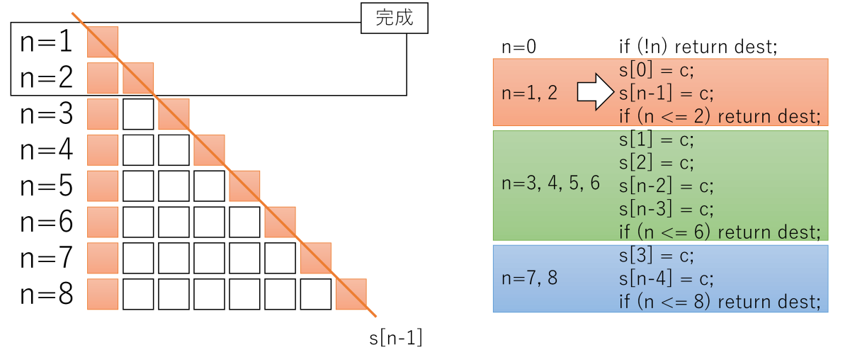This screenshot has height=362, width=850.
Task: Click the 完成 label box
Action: click(x=395, y=18)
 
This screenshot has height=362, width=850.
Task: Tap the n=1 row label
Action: click(x=46, y=41)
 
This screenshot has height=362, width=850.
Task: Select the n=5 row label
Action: click(x=46, y=186)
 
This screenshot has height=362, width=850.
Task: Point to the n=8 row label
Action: click(x=46, y=294)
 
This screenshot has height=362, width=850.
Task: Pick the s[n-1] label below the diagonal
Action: click(x=396, y=337)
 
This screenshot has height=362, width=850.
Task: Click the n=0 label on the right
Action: click(x=518, y=47)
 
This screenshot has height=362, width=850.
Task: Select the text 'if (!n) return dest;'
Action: click(x=698, y=47)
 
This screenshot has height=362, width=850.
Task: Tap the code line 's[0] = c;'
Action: click(x=657, y=70)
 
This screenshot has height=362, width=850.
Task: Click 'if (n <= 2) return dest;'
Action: click(x=720, y=116)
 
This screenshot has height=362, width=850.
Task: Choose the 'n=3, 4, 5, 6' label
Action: click(x=550, y=183)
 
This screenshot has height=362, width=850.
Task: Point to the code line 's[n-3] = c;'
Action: click(x=667, y=209)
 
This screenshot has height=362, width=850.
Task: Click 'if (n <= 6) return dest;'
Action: click(x=720, y=232)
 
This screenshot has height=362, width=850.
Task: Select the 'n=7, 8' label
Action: click(x=529, y=278)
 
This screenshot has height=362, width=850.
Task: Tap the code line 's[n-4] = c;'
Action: click(x=667, y=279)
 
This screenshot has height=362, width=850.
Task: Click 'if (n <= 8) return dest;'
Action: click(x=720, y=302)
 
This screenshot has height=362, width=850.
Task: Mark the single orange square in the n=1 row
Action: click(x=103, y=42)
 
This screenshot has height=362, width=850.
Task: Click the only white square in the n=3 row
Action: click(x=138, y=114)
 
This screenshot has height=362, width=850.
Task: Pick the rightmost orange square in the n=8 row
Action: click(x=351, y=294)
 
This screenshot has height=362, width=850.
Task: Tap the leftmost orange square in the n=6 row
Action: click(x=103, y=222)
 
